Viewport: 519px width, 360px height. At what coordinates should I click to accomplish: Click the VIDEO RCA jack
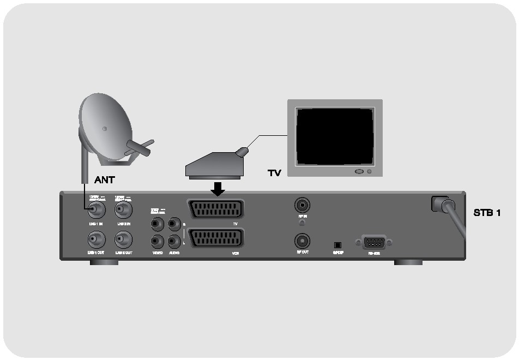click(157, 241)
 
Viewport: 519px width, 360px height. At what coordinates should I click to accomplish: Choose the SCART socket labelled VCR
click(215, 238)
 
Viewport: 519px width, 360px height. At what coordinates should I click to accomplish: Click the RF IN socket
click(302, 206)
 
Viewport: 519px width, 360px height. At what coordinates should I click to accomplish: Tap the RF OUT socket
click(302, 240)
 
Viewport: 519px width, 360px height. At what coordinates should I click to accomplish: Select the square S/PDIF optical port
click(337, 244)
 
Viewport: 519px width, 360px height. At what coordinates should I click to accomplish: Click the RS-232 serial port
click(373, 242)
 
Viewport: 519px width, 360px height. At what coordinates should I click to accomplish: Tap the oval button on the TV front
click(359, 172)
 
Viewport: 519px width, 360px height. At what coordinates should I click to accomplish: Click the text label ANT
click(105, 179)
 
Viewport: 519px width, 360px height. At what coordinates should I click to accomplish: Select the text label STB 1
click(487, 212)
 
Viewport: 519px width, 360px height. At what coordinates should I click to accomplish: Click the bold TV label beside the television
click(274, 173)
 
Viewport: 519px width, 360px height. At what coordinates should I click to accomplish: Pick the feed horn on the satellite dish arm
click(140, 146)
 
